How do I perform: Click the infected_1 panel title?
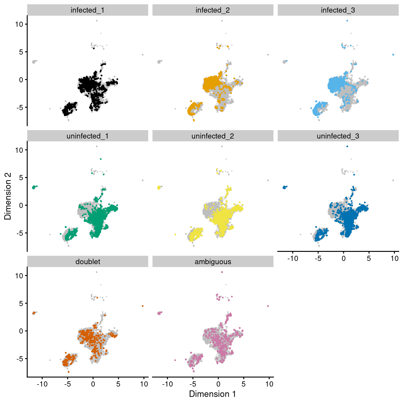tap(88, 10)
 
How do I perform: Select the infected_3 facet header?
tap(338, 10)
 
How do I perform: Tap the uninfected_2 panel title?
tap(213, 136)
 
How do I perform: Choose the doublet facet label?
tap(88, 262)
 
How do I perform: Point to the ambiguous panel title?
tap(213, 262)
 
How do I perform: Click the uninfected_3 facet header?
tap(338, 136)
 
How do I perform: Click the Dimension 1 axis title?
tap(212, 394)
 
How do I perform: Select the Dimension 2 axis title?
tap(8, 196)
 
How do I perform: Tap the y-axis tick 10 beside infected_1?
tap(19, 24)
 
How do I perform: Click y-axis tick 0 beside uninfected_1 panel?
tap(21, 205)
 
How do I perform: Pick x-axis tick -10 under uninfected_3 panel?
tap(293, 258)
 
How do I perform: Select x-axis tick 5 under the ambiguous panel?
tap(243, 384)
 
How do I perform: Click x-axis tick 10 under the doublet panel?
tap(144, 384)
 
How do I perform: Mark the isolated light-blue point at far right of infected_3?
tap(393, 55)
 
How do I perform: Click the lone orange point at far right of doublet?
tap(142, 306)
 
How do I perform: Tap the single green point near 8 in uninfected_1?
tap(101, 159)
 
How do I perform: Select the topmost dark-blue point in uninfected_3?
tap(347, 146)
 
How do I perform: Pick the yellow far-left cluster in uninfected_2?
tap(159, 187)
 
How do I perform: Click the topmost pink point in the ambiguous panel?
tap(222, 272)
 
